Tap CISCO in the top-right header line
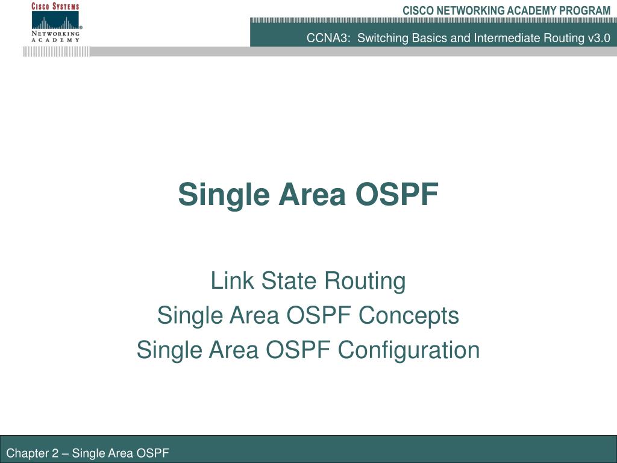(x=416, y=10)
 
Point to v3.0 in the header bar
(x=598, y=38)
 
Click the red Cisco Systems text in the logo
(x=55, y=6)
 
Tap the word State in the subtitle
(x=281, y=281)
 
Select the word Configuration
(x=409, y=350)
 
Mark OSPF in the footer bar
(x=154, y=453)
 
